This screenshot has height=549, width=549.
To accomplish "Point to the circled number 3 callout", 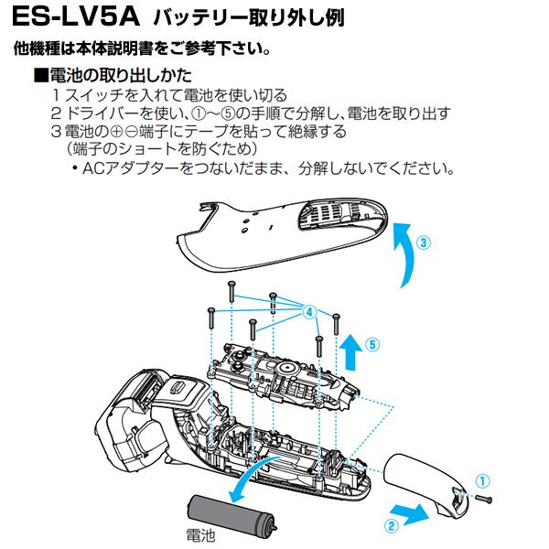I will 422,243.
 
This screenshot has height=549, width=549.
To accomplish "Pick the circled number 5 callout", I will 371,346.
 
